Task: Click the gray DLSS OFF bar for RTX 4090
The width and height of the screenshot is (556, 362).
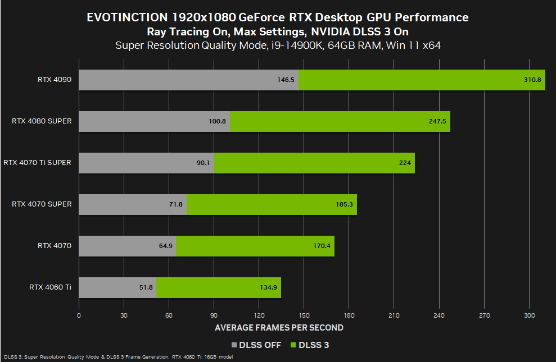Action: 188,80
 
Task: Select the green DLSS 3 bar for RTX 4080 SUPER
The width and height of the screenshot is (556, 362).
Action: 340,121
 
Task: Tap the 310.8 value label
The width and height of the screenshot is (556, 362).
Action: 531,80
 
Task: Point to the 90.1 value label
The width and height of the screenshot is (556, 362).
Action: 202,163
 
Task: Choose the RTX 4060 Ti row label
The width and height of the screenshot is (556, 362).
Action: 51,287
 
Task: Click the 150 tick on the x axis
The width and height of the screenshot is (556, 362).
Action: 304,315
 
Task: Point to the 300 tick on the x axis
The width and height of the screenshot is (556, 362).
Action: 529,315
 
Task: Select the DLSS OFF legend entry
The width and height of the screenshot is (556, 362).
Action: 256,345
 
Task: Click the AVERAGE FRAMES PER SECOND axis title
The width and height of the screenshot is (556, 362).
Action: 279,328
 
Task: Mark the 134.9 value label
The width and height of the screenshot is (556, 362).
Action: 267,287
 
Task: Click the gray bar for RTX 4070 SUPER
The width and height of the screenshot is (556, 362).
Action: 132,204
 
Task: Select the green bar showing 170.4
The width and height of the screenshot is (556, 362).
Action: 255,246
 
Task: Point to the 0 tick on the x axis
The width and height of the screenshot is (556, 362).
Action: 79,315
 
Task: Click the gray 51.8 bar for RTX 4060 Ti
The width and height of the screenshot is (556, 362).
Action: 117,287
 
